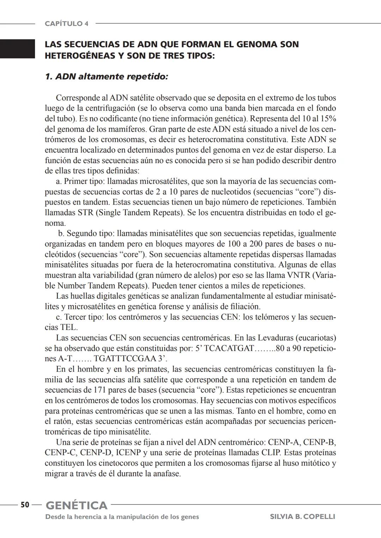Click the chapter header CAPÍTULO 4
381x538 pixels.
click(x=66, y=24)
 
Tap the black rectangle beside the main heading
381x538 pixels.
click(x=17, y=49)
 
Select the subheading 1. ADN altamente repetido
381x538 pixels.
click(x=107, y=76)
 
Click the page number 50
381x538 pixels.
click(x=25, y=505)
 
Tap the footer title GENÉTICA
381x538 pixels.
click(x=77, y=505)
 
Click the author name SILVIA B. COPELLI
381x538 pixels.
click(x=302, y=516)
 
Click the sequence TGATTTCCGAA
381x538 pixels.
click(x=125, y=359)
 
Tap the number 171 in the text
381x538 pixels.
click(x=100, y=390)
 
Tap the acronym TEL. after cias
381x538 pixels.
click(x=69, y=327)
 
